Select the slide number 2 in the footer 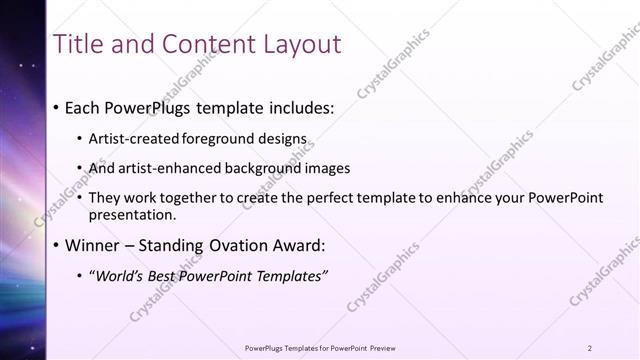590,347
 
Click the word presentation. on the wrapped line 132,214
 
